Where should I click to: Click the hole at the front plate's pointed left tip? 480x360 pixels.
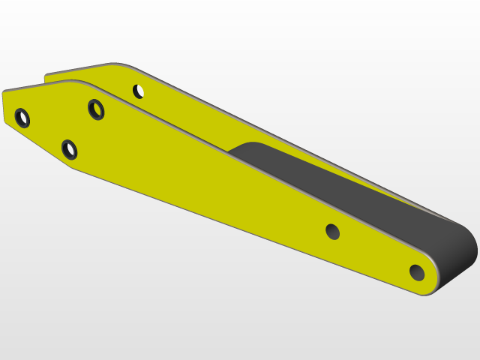tap(22, 118)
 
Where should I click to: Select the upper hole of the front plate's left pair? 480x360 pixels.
tap(96, 109)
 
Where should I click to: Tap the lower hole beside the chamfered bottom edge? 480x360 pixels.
tap(70, 149)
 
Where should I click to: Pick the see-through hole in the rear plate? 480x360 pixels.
tap(139, 91)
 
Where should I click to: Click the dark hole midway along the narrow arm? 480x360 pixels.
tap(333, 232)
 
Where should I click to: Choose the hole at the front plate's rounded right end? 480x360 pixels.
tap(417, 272)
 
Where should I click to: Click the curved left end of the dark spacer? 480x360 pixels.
tap(238, 147)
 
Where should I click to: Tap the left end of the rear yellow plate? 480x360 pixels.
tap(47, 76)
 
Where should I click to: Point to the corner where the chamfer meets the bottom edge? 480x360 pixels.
tap(73, 166)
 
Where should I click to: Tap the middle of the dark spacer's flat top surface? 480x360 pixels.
tap(337, 187)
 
